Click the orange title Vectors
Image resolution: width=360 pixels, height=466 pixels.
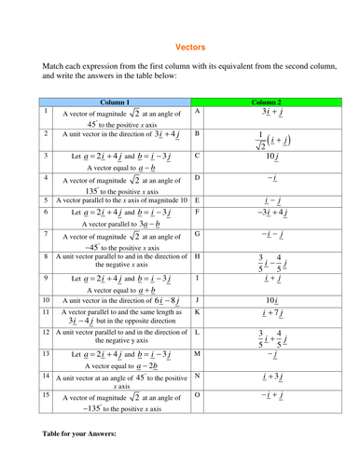(x=191, y=46)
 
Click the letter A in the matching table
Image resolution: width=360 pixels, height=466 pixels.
(x=198, y=111)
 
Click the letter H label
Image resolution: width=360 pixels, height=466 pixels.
(x=198, y=254)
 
